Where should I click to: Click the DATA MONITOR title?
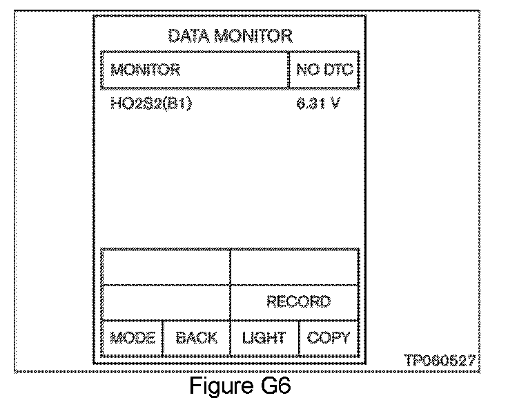coord(230,36)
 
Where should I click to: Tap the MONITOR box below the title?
coord(194,70)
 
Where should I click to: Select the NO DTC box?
coord(324,70)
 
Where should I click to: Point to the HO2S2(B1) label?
coord(150,104)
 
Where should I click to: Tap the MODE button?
coord(132,338)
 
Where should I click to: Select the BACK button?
coord(196,338)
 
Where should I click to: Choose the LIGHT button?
coord(264,338)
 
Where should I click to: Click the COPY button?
coord(328,338)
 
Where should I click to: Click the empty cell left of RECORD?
coord(165,301)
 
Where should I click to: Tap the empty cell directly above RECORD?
coord(294,266)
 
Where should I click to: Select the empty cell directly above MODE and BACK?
coord(165,301)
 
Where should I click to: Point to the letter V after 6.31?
coord(335,104)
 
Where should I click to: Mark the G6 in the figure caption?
coord(275,385)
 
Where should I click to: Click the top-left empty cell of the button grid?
coord(165,266)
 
